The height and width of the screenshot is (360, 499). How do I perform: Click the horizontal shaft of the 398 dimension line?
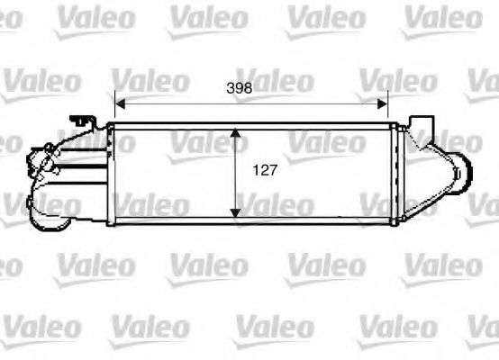tap(180, 101)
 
